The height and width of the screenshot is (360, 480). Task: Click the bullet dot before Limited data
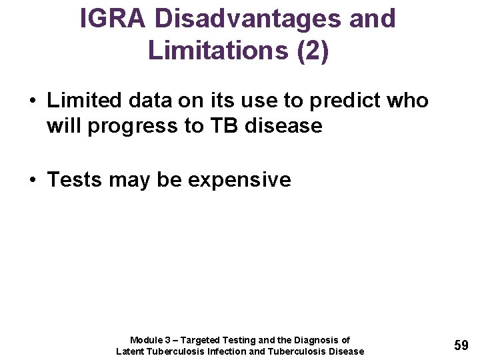[x=32, y=101]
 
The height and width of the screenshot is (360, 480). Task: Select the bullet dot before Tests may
[x=32, y=180]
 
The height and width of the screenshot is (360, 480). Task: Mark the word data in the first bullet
[x=150, y=101]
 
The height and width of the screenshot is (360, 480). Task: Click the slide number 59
[x=461, y=345]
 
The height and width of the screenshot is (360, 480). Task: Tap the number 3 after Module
[x=168, y=340]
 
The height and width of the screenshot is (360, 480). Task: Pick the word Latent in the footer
[x=131, y=351]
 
